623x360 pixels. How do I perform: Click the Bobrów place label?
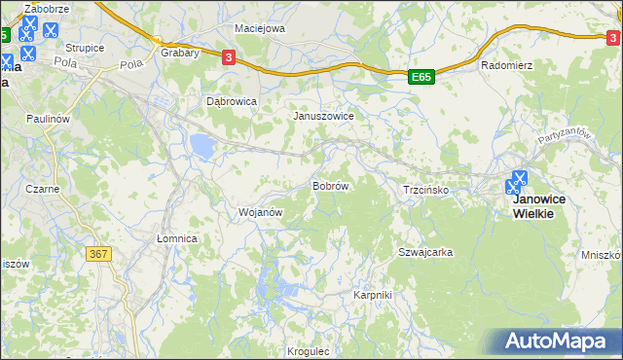coord(329,185)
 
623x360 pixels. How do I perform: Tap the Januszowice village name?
coord(324,115)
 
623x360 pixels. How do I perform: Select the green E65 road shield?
coord(421,76)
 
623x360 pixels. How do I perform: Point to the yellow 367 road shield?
coord(98,254)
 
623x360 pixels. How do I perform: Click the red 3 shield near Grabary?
coord(228,57)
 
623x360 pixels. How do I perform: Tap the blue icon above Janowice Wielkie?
coord(519,182)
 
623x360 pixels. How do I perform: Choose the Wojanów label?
coord(260,211)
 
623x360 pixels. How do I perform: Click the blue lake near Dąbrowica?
coord(202,147)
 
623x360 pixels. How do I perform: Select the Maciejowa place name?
coord(260,28)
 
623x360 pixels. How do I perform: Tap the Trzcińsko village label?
coord(425,190)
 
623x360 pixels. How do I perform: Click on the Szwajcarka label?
coord(425,252)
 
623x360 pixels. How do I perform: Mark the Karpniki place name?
coord(372,294)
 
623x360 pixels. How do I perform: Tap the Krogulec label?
coord(311,351)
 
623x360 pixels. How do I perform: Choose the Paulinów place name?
coord(49,117)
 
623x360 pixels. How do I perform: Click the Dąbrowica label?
coord(232,100)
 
